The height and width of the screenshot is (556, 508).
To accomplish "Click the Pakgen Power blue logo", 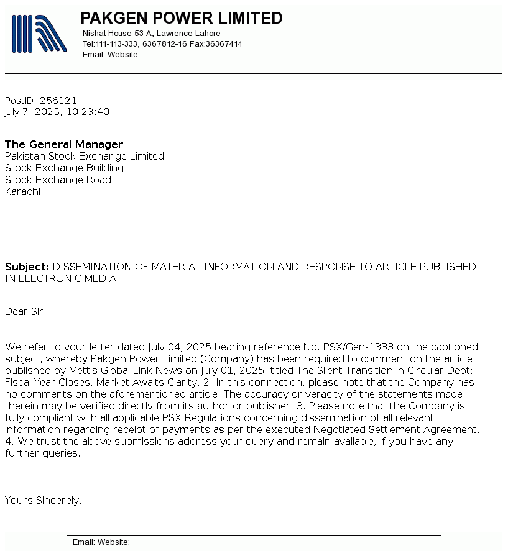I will pos(39,34).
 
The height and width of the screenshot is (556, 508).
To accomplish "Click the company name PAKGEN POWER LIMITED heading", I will pos(182,18).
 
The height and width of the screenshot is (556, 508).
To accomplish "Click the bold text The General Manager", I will pos(64,144).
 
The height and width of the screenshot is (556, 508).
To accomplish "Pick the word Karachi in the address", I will pos(22,191).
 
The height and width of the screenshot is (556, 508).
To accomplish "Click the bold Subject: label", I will pos(27,267).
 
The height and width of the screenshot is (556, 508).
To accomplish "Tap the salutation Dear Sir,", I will pos(25,311).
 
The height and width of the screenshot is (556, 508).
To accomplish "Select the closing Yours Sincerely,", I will pos(43,500).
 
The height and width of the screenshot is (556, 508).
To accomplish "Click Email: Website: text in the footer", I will pos(101,542).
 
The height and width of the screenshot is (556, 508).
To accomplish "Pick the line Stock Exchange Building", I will pos(64,168).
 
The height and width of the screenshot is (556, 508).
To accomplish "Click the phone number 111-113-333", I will pos(116,44).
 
